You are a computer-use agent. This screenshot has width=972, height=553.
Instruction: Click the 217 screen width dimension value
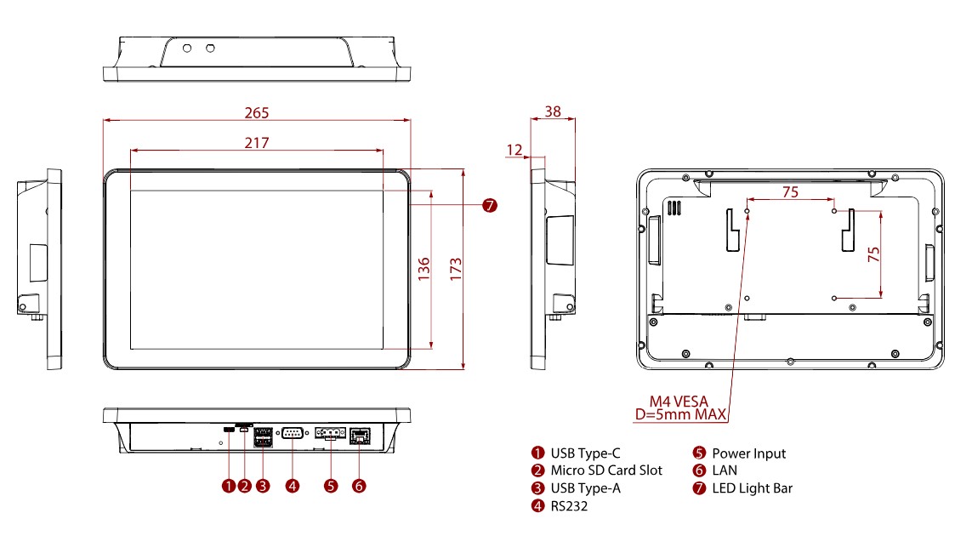point(257,143)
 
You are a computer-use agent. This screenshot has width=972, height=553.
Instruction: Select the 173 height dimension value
point(456,270)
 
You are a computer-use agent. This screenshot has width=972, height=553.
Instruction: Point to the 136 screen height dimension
point(424,270)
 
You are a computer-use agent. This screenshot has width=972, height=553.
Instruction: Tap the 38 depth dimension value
point(553,111)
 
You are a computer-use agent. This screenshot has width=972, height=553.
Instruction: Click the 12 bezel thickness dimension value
point(514,150)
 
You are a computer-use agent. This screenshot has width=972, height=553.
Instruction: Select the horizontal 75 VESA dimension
point(790,192)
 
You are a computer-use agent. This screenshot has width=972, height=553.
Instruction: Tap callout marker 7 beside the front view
point(489,205)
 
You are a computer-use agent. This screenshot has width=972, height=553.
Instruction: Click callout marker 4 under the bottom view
point(293,486)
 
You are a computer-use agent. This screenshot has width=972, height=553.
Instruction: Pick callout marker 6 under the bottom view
point(359,486)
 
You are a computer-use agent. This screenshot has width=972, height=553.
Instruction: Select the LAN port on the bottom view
point(360,435)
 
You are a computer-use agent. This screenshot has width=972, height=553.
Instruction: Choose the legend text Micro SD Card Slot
point(605,470)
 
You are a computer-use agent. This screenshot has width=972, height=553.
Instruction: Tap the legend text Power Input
point(748,453)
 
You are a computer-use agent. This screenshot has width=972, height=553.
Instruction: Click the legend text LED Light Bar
point(752,487)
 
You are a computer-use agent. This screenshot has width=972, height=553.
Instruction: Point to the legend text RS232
point(569,506)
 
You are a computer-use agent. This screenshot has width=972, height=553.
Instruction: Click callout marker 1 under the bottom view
point(228,486)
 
